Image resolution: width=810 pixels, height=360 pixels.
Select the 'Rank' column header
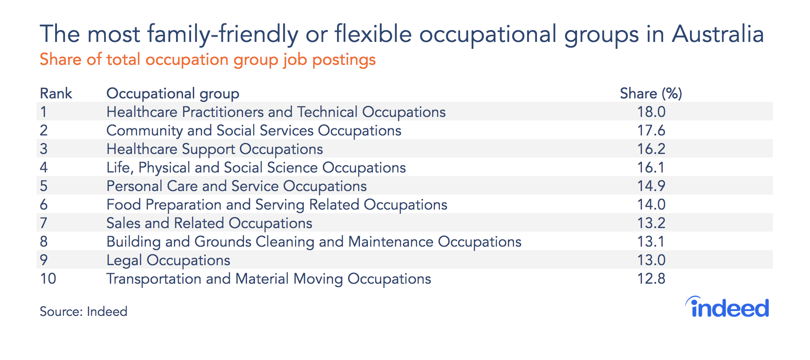[56, 94]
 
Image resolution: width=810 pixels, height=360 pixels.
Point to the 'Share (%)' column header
[651, 94]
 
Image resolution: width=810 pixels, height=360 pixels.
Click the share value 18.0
[651, 112]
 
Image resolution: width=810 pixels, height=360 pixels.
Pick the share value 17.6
[651, 130]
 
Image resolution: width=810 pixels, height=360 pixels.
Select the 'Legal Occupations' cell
[168, 261]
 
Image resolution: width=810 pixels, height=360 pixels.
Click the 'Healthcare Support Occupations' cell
[215, 150]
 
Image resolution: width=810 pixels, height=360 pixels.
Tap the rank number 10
[48, 278]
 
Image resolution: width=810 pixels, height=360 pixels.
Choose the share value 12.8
[651, 278]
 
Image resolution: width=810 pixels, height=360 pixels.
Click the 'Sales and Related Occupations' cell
[210, 224]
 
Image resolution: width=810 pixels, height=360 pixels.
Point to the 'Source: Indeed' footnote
[83, 311]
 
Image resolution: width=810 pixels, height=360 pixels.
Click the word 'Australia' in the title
[718, 34]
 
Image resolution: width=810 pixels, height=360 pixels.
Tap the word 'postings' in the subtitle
[344, 60]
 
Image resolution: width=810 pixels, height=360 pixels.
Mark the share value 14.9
[651, 186]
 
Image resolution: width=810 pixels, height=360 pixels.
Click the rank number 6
[44, 204]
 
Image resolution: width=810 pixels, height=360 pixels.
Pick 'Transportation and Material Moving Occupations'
[269, 279]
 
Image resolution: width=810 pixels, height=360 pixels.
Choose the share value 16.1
[651, 167]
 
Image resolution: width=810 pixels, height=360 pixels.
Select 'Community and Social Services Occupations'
[254, 131]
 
